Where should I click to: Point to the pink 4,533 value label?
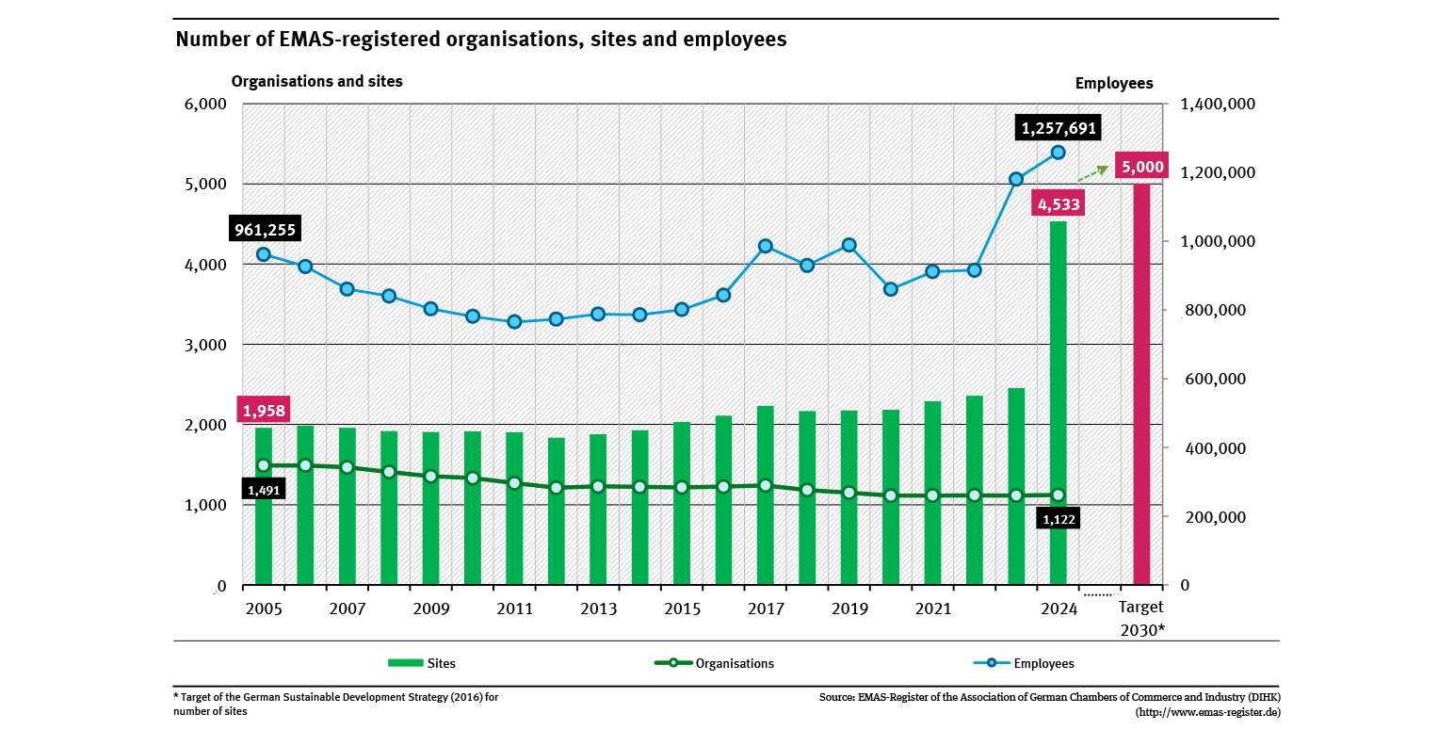1058,203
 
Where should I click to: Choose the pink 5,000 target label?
1141,168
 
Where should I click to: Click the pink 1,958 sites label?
263,411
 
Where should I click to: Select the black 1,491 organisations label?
263,490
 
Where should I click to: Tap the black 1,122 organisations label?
1059,518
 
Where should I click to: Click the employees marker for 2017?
766,246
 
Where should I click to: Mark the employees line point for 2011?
514,322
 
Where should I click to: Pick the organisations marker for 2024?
1058,495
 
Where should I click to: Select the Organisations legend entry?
715,663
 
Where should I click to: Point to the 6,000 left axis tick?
206,104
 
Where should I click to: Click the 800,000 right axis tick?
1212,311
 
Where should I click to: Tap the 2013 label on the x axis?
598,608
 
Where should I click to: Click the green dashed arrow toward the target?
1092,172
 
